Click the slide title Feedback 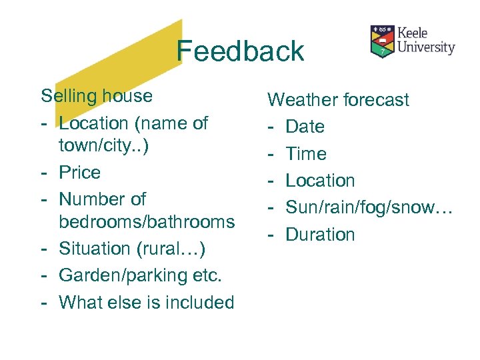click(240, 51)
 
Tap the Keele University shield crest click(382, 41)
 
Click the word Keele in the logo click(413, 33)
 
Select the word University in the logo click(427, 47)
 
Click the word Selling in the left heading click(69, 96)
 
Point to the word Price click(79, 172)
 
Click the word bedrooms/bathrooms click(147, 221)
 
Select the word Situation click(95, 248)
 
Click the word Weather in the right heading click(303, 100)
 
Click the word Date click(305, 127)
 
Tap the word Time click(306, 153)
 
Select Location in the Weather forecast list click(320, 180)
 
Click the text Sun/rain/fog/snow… click(369, 207)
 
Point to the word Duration click(321, 234)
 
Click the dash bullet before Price click(43, 173)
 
